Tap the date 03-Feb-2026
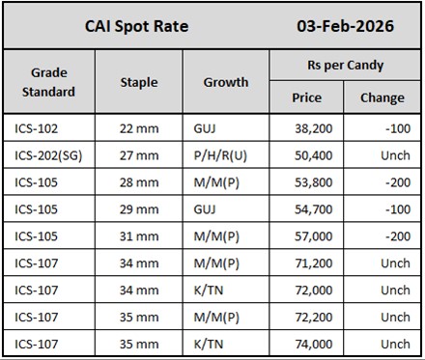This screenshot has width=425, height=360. click(345, 26)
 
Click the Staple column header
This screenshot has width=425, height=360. click(138, 82)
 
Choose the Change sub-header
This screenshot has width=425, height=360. click(382, 97)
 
